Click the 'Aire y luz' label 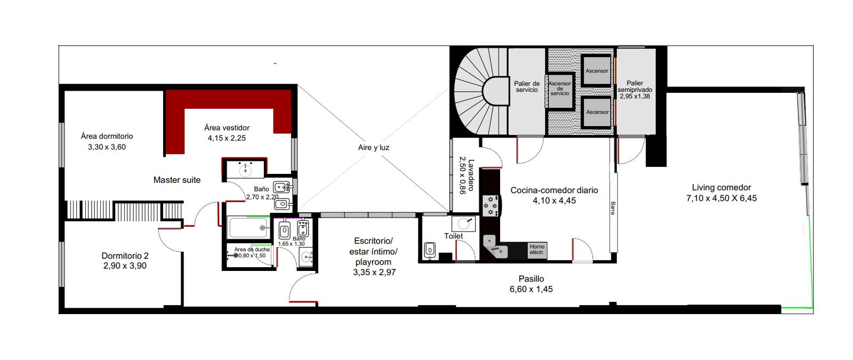point(374,147)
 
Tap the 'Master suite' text point(176,180)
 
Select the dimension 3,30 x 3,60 point(107,147)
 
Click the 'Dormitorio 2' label point(125,255)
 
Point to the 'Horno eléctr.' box point(537,250)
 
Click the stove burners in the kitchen point(490,206)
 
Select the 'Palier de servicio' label point(527,86)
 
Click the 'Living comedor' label point(721,187)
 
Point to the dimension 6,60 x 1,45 point(531,289)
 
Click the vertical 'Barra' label point(613,208)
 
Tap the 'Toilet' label point(454,236)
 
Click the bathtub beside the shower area point(248,227)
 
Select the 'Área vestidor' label point(227,127)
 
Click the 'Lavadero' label point(471,175)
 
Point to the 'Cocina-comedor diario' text point(554,190)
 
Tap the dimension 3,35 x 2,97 point(374,273)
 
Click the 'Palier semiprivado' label point(635,86)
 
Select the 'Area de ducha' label point(252,250)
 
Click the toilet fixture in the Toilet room point(430,250)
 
